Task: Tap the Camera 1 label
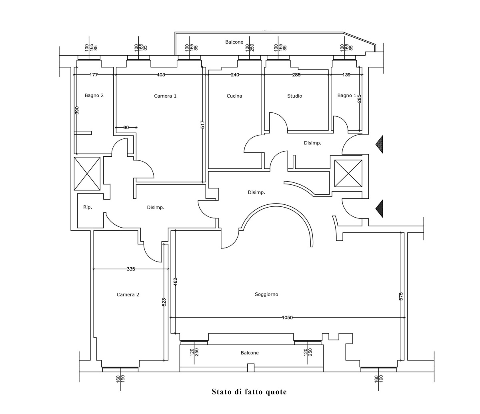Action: point(165,96)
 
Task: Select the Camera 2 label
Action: point(128,295)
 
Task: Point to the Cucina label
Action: point(234,96)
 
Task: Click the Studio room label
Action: point(294,96)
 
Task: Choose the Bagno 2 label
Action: point(94,96)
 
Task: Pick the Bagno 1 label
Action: point(347,96)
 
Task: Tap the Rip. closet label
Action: point(88,207)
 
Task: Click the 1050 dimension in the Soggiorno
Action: point(287,318)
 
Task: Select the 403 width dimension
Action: point(161,75)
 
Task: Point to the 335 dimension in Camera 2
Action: point(131,269)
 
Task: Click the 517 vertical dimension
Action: point(202,125)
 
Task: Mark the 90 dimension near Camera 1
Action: point(126,128)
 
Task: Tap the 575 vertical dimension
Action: point(401,297)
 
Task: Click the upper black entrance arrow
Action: point(380,144)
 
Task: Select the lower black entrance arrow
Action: point(380,209)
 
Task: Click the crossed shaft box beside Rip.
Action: point(87,174)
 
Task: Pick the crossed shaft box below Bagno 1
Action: point(348,174)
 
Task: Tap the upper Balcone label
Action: point(234,42)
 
